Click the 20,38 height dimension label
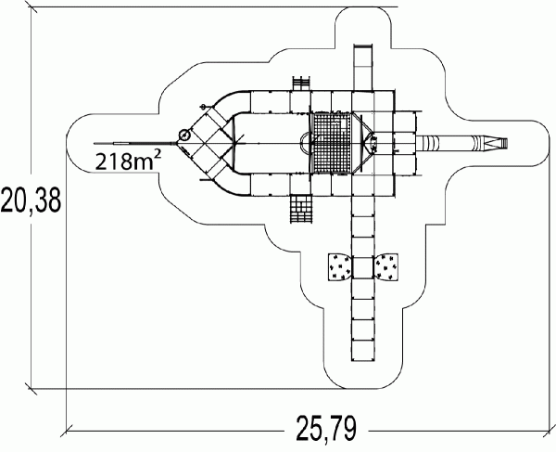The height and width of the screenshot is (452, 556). click(x=31, y=200)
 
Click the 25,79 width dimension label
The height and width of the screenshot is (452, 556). click(x=326, y=428)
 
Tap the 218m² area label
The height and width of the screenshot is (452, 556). click(x=129, y=161)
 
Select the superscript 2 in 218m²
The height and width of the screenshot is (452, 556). click(x=158, y=155)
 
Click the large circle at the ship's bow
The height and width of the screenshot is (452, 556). click(x=184, y=135)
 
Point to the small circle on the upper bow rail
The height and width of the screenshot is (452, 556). click(x=204, y=106)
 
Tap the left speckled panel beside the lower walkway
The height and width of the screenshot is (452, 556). click(x=340, y=266)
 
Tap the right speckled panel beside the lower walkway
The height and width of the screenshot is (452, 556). click(x=385, y=266)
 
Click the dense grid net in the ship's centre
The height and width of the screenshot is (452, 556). click(x=332, y=143)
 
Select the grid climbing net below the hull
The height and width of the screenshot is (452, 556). click(x=302, y=209)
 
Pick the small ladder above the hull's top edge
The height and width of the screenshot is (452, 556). click(x=302, y=84)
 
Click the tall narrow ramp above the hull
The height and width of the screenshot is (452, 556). click(x=363, y=68)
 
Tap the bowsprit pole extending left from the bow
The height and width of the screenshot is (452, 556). click(x=135, y=144)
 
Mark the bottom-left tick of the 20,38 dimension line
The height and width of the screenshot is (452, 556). click(x=32, y=389)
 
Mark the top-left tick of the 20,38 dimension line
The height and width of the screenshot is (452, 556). click(x=32, y=6)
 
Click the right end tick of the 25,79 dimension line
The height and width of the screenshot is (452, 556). click(x=550, y=431)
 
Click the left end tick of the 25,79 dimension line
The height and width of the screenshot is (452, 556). click(x=67, y=431)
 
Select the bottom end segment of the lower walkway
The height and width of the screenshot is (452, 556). click(x=363, y=351)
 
